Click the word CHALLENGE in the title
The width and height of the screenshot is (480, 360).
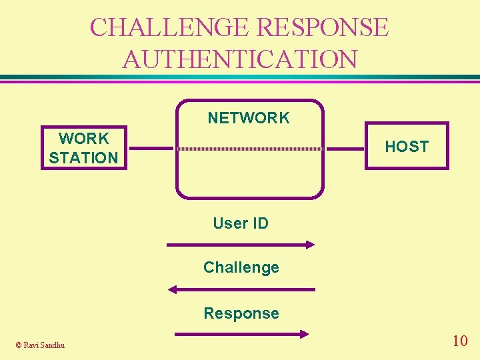point(171,27)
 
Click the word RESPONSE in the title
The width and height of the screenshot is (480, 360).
point(323,27)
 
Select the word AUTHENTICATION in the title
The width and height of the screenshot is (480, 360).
point(240,59)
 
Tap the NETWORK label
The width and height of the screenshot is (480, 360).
point(249,119)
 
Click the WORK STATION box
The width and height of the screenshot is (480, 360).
point(83,148)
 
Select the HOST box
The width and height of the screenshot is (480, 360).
point(407,147)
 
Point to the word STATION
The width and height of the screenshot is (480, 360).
point(83,158)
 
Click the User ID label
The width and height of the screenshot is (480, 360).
point(241,223)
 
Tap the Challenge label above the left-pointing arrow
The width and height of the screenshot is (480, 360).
point(241,267)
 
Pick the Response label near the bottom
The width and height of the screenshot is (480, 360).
point(241,313)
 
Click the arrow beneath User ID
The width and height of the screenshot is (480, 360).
point(240,245)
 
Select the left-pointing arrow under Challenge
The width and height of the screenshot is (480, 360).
point(241,289)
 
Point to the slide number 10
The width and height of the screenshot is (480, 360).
point(459,341)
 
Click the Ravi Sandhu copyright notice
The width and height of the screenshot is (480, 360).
point(40,345)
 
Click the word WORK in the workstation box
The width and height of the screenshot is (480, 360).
point(83,139)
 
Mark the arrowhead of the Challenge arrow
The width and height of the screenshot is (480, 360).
point(173,289)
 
